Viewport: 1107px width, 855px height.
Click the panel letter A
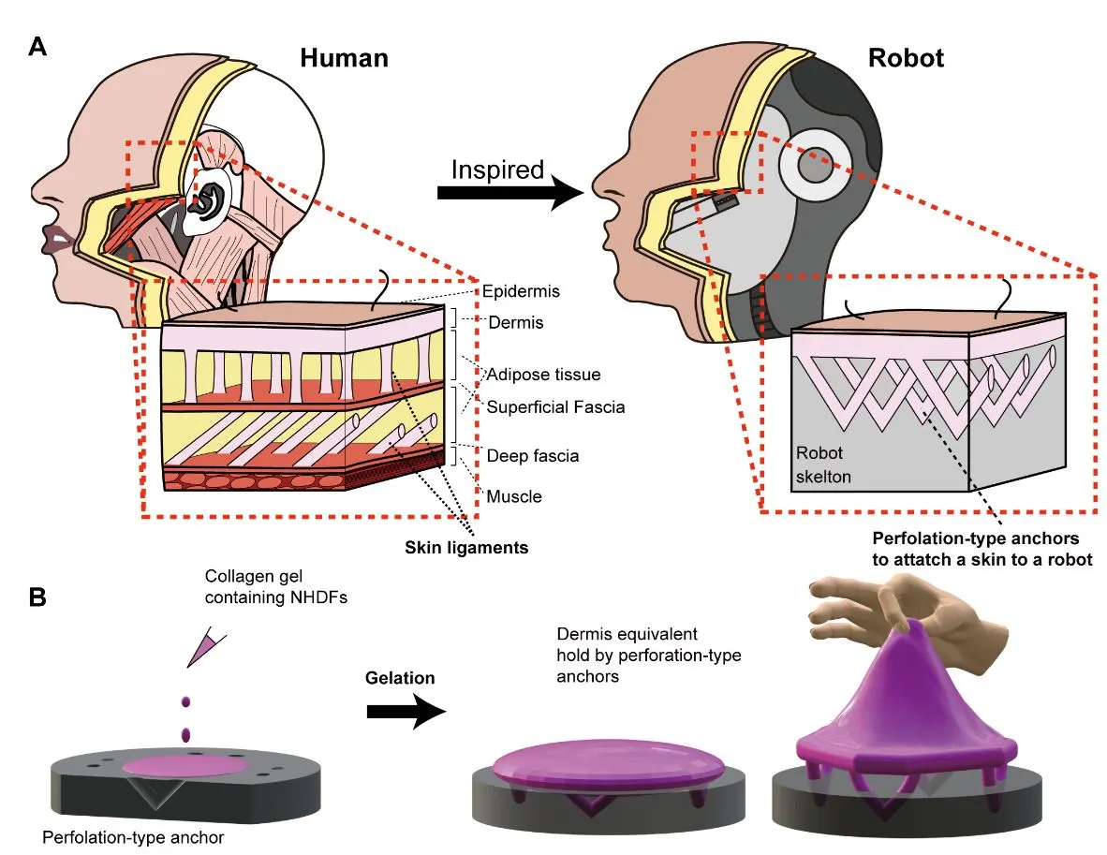coord(38,48)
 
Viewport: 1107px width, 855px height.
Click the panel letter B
coord(38,597)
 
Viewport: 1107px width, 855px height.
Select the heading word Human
coord(344,58)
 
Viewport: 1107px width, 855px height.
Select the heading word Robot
coord(906,58)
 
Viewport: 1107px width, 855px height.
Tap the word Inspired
coord(497,170)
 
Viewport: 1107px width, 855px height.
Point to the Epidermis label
coord(521,291)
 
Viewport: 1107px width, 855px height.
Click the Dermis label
coord(516,322)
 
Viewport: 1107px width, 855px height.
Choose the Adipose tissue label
coord(543,375)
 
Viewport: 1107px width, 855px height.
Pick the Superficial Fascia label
coord(555,406)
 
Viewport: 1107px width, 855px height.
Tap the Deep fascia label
coord(532,456)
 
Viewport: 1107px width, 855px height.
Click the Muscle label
coord(513,495)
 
